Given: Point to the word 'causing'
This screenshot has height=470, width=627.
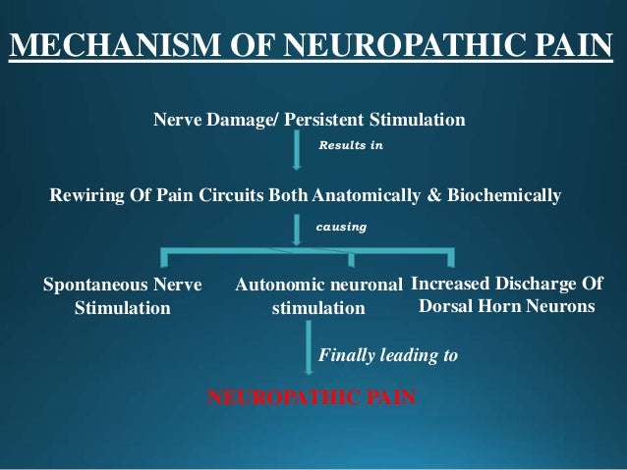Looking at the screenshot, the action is click(340, 227).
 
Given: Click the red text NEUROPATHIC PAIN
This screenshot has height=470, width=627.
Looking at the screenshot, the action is click(312, 398).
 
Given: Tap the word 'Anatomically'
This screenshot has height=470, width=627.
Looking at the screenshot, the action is click(366, 195).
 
